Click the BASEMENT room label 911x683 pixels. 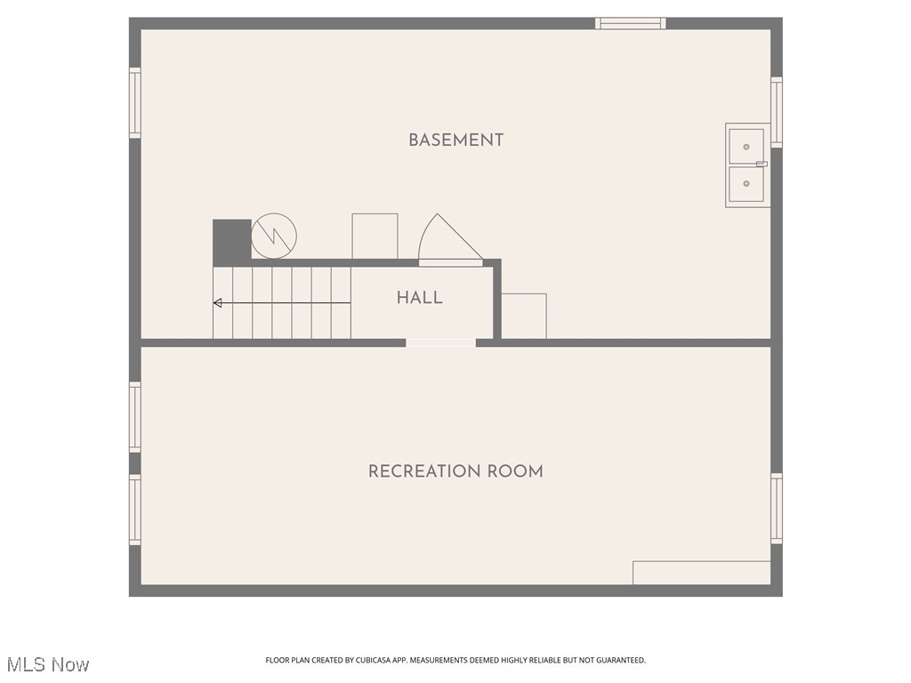455,140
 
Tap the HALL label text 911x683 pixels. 419,298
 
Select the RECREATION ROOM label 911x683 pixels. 455,471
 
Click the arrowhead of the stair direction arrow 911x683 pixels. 217,303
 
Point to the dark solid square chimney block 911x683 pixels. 231,239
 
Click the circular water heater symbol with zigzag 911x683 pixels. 274,236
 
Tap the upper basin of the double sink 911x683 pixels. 746,147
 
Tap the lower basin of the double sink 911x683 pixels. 746,184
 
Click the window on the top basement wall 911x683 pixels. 630,24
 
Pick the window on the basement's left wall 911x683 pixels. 135,103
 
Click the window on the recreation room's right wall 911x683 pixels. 776,509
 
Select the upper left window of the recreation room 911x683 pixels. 135,416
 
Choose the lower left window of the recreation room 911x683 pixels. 135,509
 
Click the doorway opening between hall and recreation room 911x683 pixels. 440,342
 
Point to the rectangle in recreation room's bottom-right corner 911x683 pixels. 701,573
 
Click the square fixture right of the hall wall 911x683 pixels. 524,316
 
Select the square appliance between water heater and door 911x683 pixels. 375,236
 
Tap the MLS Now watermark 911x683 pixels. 48,664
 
